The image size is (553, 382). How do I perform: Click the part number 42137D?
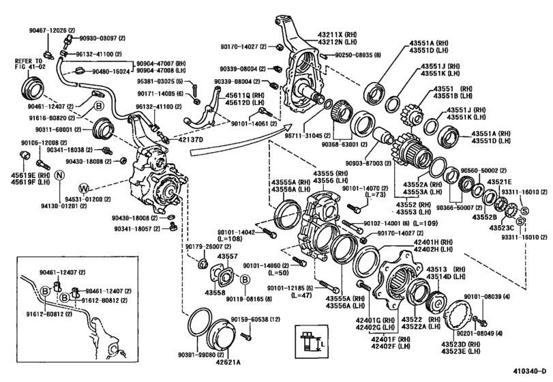click(x=183, y=138)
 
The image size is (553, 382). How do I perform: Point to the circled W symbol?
click(x=83, y=188)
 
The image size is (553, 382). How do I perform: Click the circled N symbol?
click(x=59, y=175)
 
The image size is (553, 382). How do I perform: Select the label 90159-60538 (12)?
click(x=256, y=319)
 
